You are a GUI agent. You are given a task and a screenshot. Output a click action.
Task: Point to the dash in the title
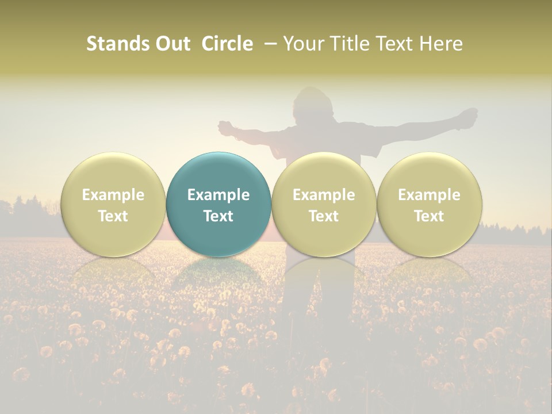[268, 44]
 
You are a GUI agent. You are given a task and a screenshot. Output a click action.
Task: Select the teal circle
[218, 204]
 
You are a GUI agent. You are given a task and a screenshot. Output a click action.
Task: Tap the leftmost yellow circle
[113, 204]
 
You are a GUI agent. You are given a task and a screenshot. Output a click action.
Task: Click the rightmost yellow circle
[429, 204]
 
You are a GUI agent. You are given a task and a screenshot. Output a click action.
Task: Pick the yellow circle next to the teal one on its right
[324, 204]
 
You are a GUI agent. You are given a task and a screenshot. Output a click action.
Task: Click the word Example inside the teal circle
[218, 195]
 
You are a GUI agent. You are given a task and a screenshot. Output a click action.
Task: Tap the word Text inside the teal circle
[218, 216]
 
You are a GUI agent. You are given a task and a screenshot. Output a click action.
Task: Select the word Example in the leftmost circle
[113, 195]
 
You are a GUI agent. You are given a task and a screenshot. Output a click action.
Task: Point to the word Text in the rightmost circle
[429, 216]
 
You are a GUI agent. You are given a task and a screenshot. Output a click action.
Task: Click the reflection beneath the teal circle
[218, 273]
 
